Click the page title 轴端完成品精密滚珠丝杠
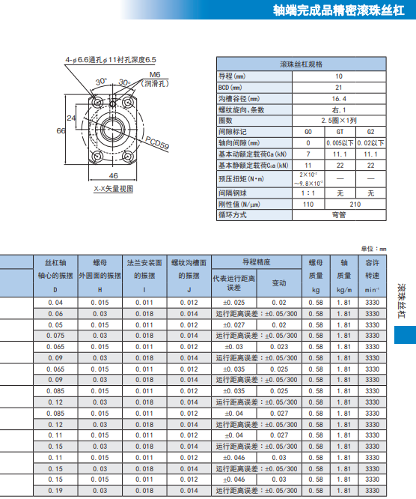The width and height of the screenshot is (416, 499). (338, 10)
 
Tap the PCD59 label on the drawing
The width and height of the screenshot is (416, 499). (157, 143)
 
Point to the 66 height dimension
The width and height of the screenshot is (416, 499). (61, 131)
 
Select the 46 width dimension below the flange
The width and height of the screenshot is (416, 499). (114, 175)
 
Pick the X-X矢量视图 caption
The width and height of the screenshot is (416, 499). (114, 189)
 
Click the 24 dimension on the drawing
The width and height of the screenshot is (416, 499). (71, 118)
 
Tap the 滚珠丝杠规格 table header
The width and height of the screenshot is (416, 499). (302, 64)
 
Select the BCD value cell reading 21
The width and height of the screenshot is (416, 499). (339, 88)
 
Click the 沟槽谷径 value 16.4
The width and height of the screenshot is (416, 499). (339, 99)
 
